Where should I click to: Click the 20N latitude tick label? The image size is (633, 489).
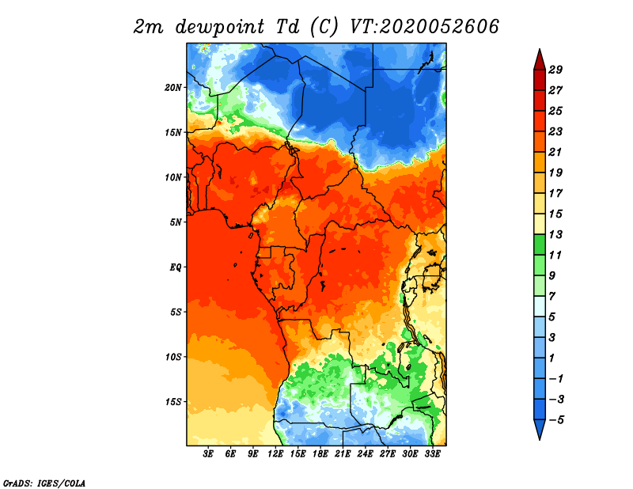pyautogui.click(x=173, y=88)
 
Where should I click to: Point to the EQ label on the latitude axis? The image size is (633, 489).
pyautogui.click(x=176, y=267)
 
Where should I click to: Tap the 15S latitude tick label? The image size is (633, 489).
pyautogui.click(x=173, y=402)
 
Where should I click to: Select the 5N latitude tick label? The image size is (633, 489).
pyautogui.click(x=176, y=222)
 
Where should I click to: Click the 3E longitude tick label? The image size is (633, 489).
pyautogui.click(x=208, y=454)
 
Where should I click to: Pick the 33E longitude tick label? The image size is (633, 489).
pyautogui.click(x=432, y=454)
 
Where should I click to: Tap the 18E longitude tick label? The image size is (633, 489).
pyautogui.click(x=320, y=454)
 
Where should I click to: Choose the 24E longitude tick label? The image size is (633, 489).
pyautogui.click(x=365, y=454)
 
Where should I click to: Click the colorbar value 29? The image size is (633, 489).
pyautogui.click(x=555, y=70)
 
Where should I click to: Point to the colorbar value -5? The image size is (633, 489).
pyautogui.click(x=557, y=420)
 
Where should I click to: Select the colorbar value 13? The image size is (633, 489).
pyautogui.click(x=555, y=234)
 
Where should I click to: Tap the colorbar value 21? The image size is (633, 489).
pyautogui.click(x=555, y=152)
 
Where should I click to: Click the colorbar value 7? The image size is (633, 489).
pyautogui.click(x=552, y=297)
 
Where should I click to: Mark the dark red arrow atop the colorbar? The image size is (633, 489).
pyautogui.click(x=540, y=61)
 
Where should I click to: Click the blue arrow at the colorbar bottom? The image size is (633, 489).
pyautogui.click(x=540, y=428)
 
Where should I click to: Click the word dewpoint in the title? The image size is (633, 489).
pyautogui.click(x=219, y=27)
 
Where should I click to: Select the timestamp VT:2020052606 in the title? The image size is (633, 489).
pyautogui.click(x=424, y=27)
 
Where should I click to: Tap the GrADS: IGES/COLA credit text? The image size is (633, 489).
pyautogui.click(x=44, y=483)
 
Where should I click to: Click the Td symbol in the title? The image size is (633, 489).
pyautogui.click(x=288, y=26)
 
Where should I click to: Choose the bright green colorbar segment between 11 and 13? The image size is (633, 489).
pyautogui.click(x=540, y=244)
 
